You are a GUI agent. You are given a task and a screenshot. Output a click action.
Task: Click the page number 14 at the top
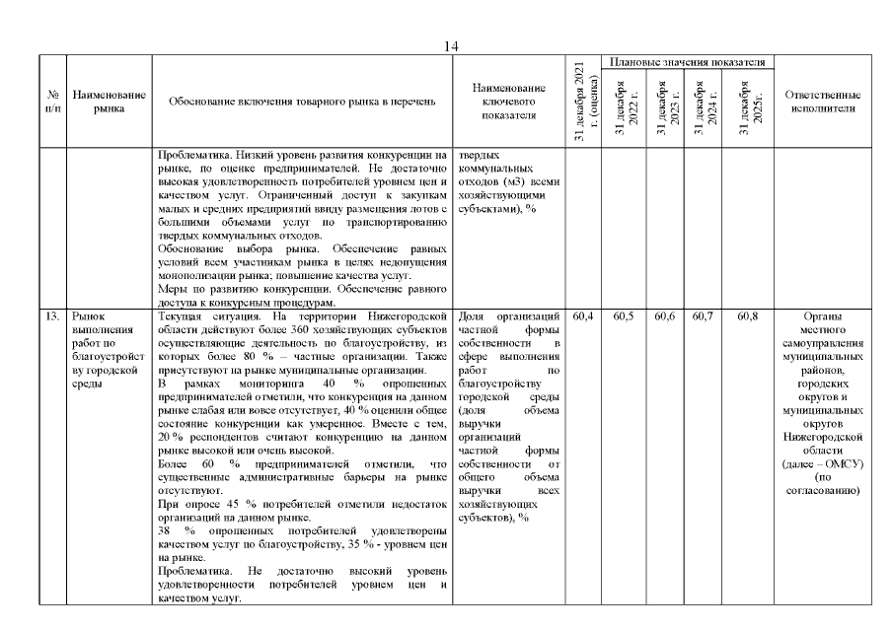pyautogui.click(x=452, y=46)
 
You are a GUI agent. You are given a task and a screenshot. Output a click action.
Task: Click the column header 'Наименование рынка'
pyautogui.click(x=110, y=102)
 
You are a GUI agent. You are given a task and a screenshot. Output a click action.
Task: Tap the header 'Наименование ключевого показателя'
pyautogui.click(x=509, y=102)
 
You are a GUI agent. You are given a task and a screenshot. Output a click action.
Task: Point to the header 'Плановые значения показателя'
pyautogui.click(x=688, y=62)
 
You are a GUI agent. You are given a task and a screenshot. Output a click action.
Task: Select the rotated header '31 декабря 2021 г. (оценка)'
pyautogui.click(x=584, y=102)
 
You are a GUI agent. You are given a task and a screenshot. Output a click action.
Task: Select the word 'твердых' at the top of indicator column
pyautogui.click(x=481, y=155)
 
